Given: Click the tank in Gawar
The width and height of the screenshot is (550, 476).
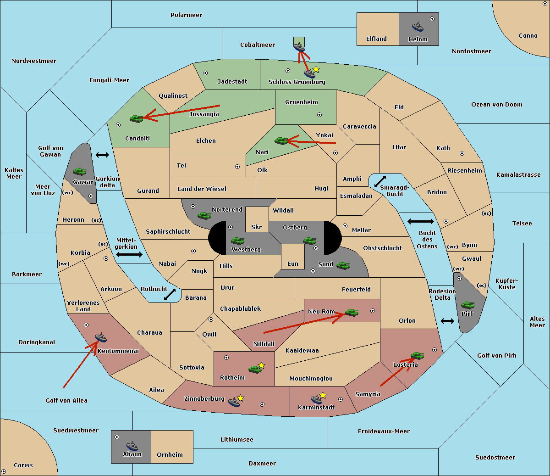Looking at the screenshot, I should point(80,171).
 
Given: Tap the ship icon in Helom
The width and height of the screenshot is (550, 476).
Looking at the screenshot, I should point(417,27).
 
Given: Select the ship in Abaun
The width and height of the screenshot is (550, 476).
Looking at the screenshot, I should point(132,446).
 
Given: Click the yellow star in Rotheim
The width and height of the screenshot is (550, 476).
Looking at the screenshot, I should point(262,365).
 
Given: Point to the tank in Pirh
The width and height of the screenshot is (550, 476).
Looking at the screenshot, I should point(467,305).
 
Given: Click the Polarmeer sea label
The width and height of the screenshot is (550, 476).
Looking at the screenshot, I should point(186,15).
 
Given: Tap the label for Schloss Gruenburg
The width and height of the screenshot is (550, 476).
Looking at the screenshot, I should point(297,82).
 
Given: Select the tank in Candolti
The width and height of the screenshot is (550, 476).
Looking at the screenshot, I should point(137,118).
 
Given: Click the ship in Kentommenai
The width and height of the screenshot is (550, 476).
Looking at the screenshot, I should point(101,338).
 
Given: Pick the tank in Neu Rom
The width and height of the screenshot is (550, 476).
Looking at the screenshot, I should point(352,313).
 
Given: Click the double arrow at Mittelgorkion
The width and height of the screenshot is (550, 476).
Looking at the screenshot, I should point(129,254).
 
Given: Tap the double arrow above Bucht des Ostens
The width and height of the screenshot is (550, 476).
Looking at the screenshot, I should point(420,222).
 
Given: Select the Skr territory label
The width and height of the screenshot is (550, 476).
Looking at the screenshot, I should point(257,227).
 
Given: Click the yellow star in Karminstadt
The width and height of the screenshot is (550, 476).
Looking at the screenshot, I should point(323,395).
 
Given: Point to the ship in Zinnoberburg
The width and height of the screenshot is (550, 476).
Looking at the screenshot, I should point(234,403).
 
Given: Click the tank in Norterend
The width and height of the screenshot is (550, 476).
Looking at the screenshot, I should point(204,215).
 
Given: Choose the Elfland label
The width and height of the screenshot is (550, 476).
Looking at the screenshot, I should point(376,39).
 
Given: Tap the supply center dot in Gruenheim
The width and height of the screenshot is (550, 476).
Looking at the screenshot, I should point(319,115).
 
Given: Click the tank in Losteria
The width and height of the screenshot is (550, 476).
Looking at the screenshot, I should point(417,355).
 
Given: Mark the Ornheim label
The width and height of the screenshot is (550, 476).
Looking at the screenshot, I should point(170,455).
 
